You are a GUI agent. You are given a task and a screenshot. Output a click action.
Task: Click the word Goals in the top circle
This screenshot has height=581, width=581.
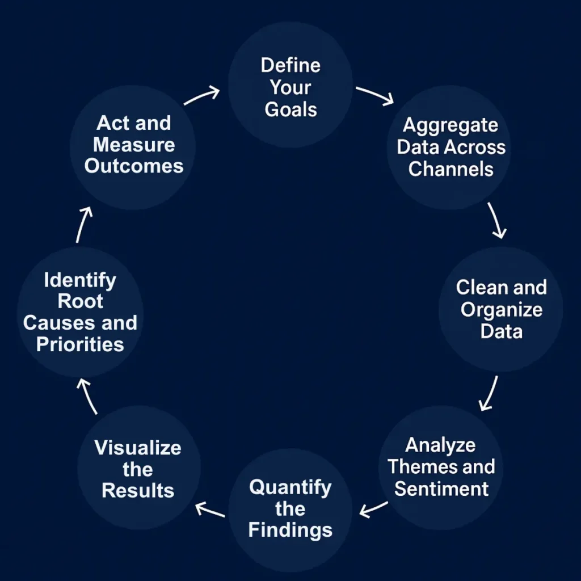[290, 110]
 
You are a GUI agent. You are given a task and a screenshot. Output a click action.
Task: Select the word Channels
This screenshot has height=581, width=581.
[451, 169]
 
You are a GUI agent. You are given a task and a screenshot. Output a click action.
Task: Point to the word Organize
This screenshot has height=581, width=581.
[501, 310]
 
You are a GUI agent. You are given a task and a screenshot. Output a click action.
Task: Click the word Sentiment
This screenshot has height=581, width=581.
[441, 489]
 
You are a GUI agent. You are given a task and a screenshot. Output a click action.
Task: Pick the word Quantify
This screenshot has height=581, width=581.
[290, 487]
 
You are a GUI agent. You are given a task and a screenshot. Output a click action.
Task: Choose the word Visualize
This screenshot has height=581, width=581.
[138, 448]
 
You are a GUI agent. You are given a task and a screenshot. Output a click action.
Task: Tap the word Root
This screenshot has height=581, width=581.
[80, 301]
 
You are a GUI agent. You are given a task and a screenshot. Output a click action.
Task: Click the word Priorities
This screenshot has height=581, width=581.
[80, 344]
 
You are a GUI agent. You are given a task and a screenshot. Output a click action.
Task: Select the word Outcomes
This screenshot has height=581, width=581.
[134, 166]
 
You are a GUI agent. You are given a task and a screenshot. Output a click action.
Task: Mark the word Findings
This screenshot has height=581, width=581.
[290, 530]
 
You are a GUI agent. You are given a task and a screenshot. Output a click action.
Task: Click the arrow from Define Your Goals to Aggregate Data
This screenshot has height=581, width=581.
[374, 95]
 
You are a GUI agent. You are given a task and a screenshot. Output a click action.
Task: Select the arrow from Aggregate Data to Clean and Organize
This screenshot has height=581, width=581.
[496, 221]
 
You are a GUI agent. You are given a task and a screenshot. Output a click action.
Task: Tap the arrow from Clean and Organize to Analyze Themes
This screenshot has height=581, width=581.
[489, 393]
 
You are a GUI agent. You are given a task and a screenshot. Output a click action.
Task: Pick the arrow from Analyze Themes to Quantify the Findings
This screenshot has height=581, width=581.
[374, 509]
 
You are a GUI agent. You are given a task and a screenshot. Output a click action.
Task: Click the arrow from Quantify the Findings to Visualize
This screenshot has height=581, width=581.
[210, 510]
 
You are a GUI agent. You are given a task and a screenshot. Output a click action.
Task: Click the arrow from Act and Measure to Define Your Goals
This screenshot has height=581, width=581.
[202, 95]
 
